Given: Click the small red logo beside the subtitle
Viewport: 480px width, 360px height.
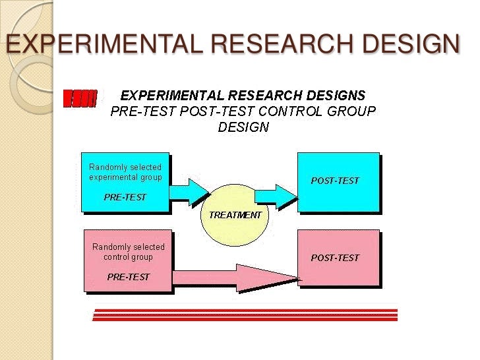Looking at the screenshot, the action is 80,99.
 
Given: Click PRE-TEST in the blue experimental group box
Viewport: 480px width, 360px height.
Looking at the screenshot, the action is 125,197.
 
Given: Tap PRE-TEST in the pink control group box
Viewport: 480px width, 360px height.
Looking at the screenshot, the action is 128,276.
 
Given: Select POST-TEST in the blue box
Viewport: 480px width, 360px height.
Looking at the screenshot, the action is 335,181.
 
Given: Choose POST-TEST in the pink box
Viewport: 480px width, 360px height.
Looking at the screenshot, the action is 335,258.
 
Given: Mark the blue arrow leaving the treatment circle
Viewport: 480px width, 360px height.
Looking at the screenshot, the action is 276,194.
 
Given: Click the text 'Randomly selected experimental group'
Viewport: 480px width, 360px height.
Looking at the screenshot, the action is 125,172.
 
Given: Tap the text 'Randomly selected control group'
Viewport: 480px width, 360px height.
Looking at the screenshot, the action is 128,252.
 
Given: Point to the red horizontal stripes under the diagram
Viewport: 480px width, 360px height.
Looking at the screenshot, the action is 245,315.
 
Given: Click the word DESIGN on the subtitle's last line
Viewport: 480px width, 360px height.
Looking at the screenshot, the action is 243,127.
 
